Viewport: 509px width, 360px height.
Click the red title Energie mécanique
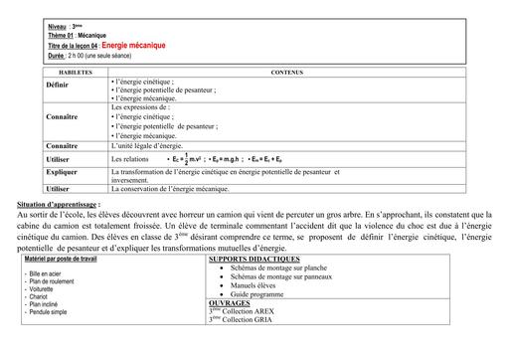tap(134, 46)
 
